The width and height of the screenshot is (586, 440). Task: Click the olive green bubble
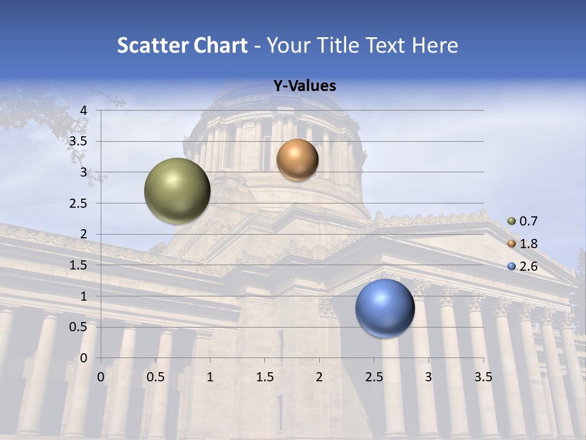tap(178, 191)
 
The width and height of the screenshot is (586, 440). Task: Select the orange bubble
tap(297, 160)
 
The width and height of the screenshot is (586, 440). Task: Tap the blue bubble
tap(385, 309)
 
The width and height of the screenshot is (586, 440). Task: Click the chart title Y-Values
tap(304, 86)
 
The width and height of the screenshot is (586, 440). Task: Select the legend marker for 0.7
tap(512, 221)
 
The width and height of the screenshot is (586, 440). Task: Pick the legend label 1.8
tap(528, 244)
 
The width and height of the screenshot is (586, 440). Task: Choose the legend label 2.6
tap(528, 266)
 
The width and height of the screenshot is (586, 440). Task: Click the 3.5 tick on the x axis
tap(483, 377)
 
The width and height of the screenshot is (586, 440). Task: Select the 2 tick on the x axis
tap(319, 377)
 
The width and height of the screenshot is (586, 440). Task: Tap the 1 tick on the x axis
tap(210, 377)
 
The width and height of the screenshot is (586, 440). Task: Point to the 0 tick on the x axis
tap(101, 377)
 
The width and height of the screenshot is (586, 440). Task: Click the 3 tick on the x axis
tap(429, 377)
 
